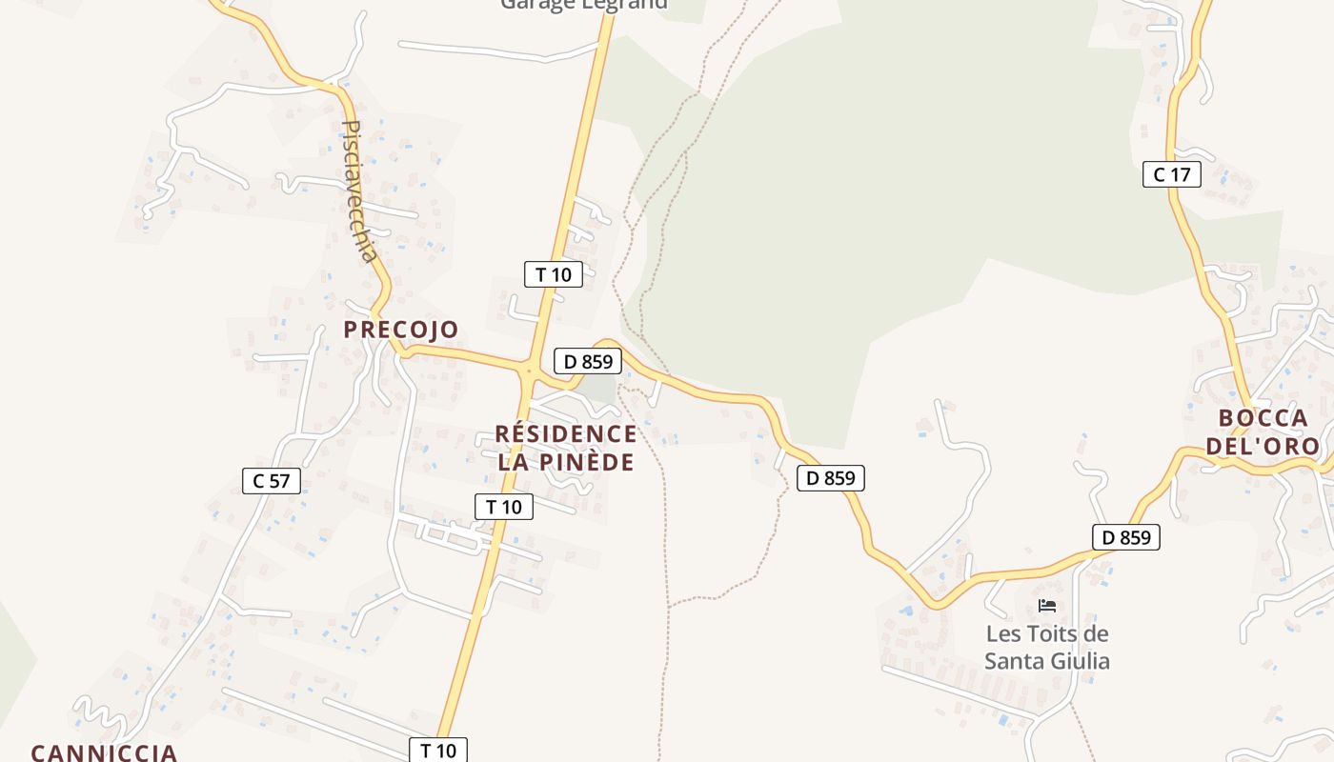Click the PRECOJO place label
pyautogui.click(x=400, y=330)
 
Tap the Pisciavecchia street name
pyautogui.click(x=359, y=190)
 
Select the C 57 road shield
pyautogui.click(x=272, y=481)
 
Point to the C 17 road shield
pyautogui.click(x=1171, y=174)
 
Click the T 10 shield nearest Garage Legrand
pyautogui.click(x=553, y=274)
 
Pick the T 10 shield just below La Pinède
pyautogui.click(x=503, y=507)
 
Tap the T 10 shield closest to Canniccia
pyautogui.click(x=438, y=750)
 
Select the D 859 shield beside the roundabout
pyautogui.click(x=587, y=361)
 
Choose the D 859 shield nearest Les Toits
pyautogui.click(x=1125, y=537)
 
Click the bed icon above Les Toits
pyautogui.click(x=1047, y=606)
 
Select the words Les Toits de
pyautogui.click(x=1047, y=633)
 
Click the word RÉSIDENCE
pyautogui.click(x=566, y=434)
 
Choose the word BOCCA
pyautogui.click(x=1263, y=418)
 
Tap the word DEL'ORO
pyautogui.click(x=1263, y=446)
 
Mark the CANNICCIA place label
pyautogui.click(x=104, y=752)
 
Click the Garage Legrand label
pyautogui.click(x=584, y=5)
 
